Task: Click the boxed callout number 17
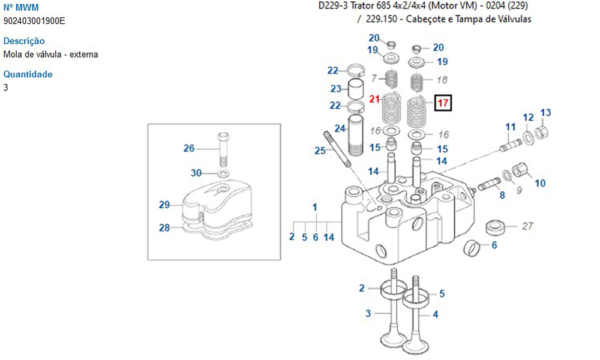click(x=443, y=103)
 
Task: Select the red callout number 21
click(x=375, y=99)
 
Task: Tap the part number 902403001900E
click(x=34, y=20)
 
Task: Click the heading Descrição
click(x=24, y=41)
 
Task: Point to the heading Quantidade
click(x=28, y=74)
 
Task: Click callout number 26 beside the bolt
click(x=189, y=148)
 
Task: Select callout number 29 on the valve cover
click(x=165, y=205)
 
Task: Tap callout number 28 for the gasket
click(x=165, y=227)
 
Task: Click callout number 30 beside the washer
click(x=196, y=173)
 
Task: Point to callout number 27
click(x=527, y=226)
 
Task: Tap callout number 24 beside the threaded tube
click(x=340, y=128)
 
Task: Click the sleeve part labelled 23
click(x=357, y=89)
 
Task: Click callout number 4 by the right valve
click(x=436, y=314)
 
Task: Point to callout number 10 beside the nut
click(x=540, y=183)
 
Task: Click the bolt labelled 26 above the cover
click(x=223, y=147)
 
